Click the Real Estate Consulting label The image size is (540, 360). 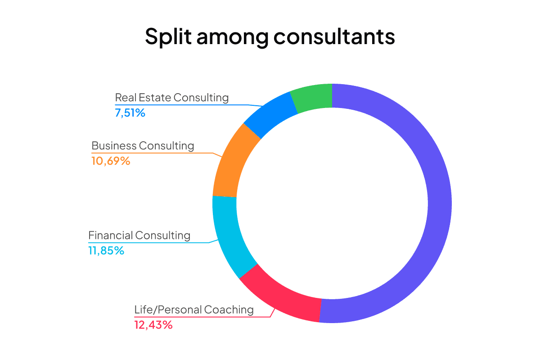click(171, 98)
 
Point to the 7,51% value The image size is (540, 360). click(130, 112)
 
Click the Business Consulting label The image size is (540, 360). click(143, 146)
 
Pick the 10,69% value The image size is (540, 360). click(111, 161)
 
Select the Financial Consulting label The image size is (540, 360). click(139, 235)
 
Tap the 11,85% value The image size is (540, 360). click(106, 250)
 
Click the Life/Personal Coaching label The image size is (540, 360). click(194, 310)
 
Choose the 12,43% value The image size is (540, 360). click(153, 324)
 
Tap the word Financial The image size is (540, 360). click(111, 235)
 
